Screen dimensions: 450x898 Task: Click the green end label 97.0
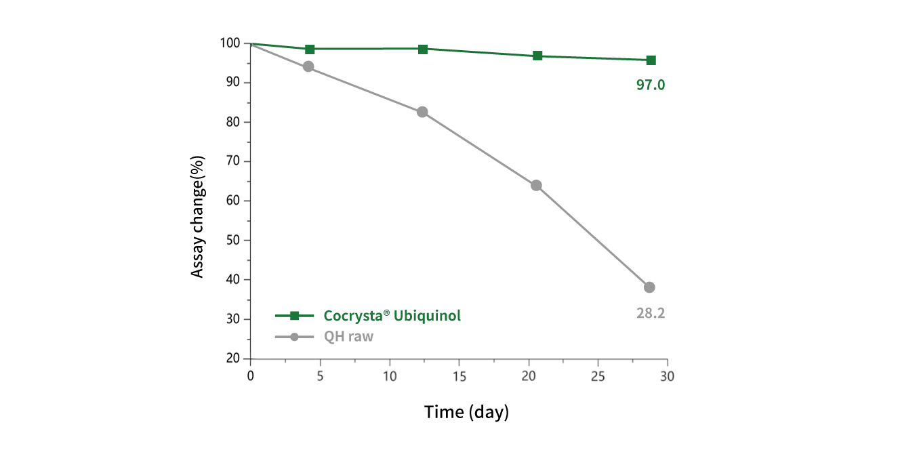pos(650,85)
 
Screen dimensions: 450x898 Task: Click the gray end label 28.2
pos(650,313)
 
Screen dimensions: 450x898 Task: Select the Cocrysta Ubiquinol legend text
pos(392,316)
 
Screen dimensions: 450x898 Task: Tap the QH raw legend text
pos(348,337)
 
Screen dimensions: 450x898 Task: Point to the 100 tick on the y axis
pos(230,43)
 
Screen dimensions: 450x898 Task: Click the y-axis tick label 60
pos(232,201)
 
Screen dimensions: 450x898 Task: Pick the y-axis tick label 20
pos(232,359)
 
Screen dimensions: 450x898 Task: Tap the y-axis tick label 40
pos(232,279)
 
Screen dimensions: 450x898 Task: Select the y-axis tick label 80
pos(232,122)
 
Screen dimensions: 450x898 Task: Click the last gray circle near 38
pos(649,287)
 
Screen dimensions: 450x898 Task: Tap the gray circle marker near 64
pos(536,186)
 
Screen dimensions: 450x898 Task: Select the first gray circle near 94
pos(308,66)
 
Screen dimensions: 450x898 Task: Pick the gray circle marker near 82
pos(422,112)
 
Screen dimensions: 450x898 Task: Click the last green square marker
pos(651,60)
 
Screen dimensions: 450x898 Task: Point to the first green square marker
pos(310,49)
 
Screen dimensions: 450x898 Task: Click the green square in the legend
pos(294,316)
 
